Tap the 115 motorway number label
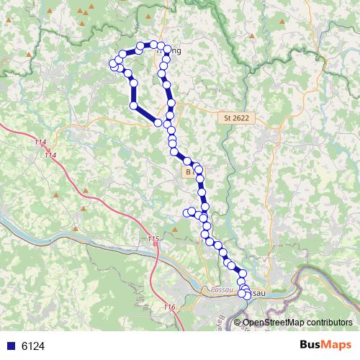(x=153, y=239)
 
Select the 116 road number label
(x=169, y=307)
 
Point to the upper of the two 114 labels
(x=40, y=145)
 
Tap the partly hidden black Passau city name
(x=258, y=294)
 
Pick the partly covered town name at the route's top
(x=173, y=52)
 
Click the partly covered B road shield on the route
(x=187, y=173)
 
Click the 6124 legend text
(x=33, y=346)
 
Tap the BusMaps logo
(x=325, y=346)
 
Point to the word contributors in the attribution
(x=329, y=322)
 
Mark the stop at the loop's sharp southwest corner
(x=134, y=107)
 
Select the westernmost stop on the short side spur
(x=186, y=212)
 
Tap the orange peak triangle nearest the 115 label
(x=174, y=230)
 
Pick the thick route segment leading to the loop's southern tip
(x=147, y=114)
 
